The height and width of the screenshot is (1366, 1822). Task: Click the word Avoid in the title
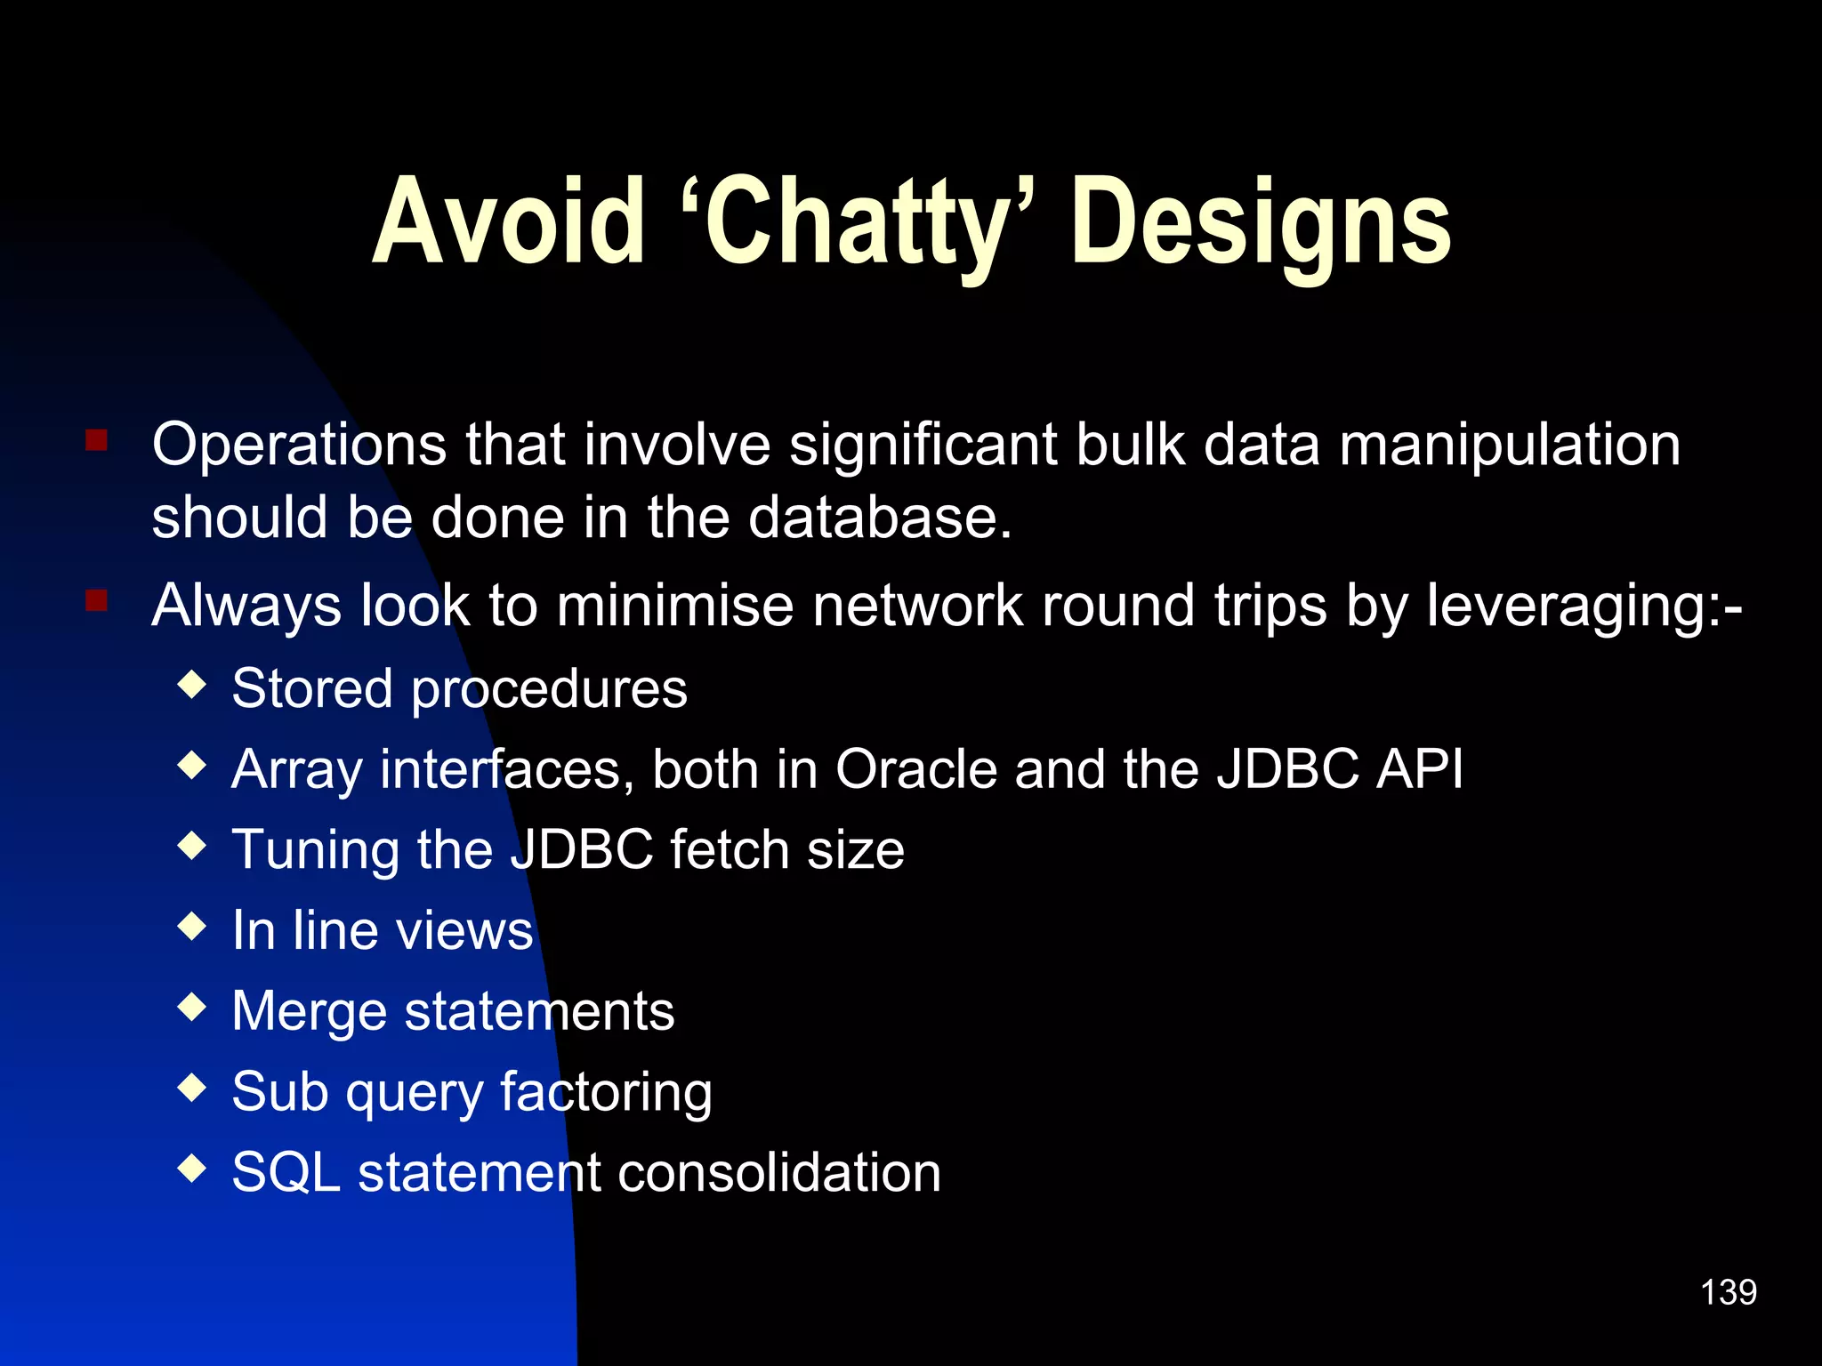[x=508, y=221]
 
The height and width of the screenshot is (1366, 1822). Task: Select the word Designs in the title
[x=1261, y=221]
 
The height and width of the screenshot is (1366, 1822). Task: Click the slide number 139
[x=1728, y=1292]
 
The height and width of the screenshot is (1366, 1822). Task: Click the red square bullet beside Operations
[x=97, y=440]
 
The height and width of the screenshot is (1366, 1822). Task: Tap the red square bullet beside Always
[x=97, y=601]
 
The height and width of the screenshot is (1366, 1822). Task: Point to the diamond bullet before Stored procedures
[x=192, y=685]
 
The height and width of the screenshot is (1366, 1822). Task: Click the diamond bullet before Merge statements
[x=192, y=1008]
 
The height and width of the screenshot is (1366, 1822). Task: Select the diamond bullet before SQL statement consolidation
[x=192, y=1169]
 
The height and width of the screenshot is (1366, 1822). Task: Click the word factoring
[x=606, y=1093]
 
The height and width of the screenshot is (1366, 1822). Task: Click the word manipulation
[x=1510, y=446]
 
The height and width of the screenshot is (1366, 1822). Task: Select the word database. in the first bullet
[x=880, y=518]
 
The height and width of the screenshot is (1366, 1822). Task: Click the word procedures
[x=549, y=690]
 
